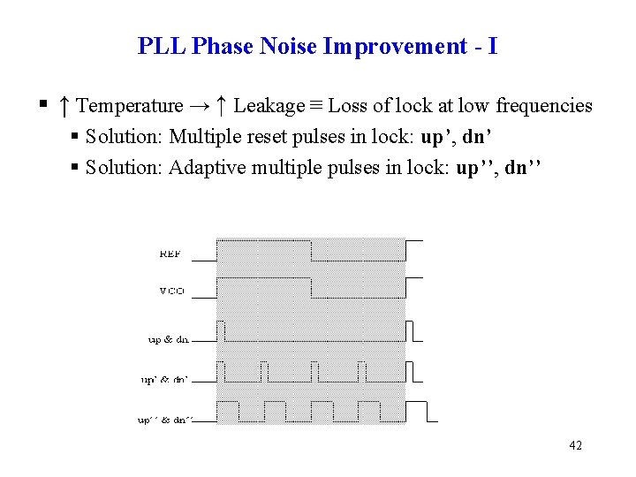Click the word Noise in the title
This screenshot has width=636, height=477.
(x=289, y=46)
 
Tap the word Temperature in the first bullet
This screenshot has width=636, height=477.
(x=130, y=106)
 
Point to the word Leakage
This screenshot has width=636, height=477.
(x=269, y=106)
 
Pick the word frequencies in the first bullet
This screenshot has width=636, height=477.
(x=544, y=106)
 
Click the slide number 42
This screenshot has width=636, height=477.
(x=575, y=446)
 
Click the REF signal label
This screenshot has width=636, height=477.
(x=170, y=254)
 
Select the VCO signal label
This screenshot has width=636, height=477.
(x=172, y=291)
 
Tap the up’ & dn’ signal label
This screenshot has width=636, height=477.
(x=165, y=381)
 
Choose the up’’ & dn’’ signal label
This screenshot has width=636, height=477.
(x=165, y=421)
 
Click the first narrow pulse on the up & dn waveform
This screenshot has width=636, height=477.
(x=221, y=331)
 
